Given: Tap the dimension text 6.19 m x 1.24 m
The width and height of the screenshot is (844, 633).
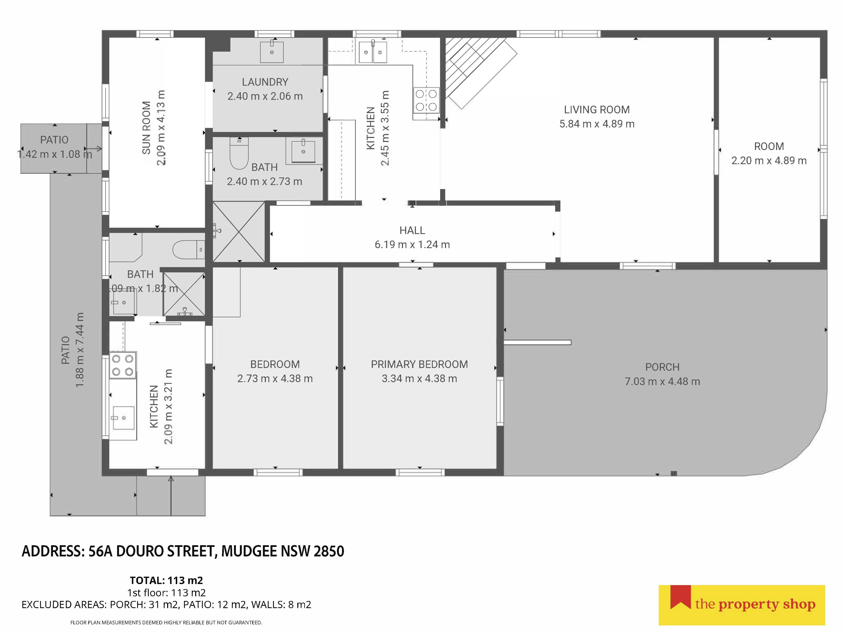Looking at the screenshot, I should click(x=412, y=245).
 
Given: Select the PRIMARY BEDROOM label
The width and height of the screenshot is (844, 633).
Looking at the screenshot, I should click(x=419, y=364).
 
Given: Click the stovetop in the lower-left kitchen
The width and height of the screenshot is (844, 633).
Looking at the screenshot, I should click(x=122, y=365).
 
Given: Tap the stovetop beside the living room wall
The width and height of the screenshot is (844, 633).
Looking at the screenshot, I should click(x=426, y=100).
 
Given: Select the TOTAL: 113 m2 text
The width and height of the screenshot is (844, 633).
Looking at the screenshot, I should click(x=166, y=580).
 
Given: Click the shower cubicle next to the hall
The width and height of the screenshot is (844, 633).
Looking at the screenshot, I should click(x=238, y=232).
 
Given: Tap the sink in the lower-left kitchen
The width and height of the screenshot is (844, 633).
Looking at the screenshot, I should click(x=123, y=418).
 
